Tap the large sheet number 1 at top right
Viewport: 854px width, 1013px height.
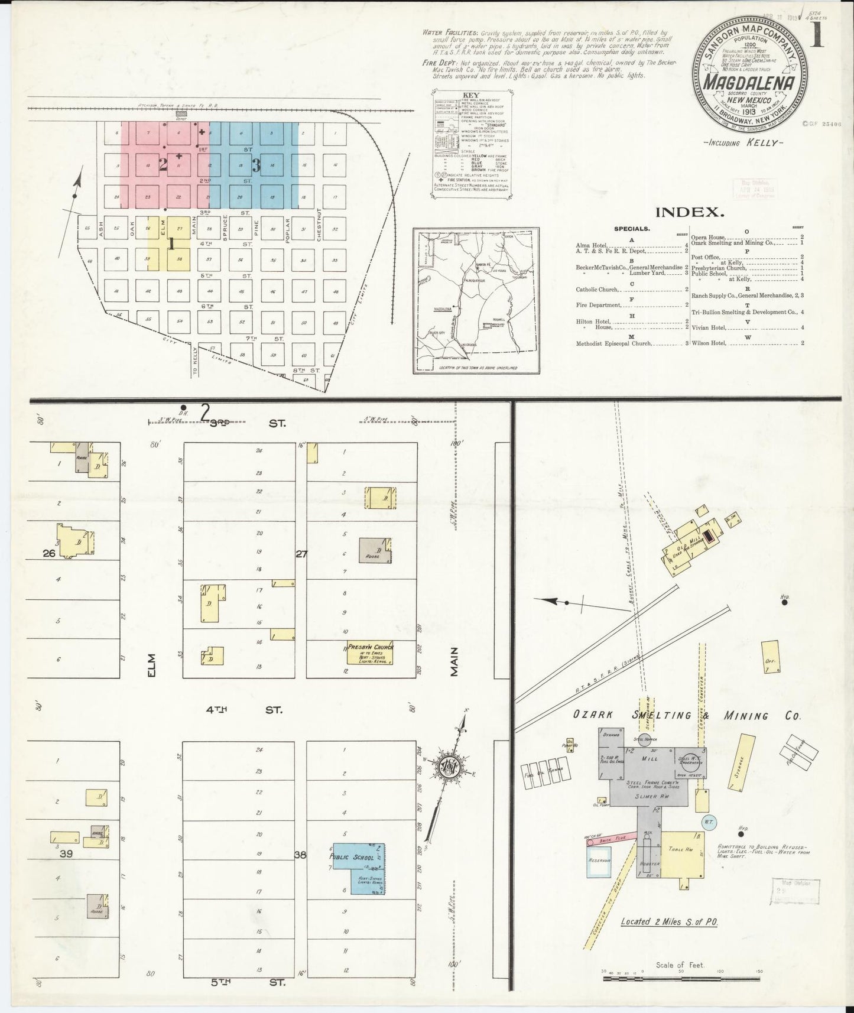(x=817, y=35)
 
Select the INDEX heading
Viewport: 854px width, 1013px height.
(x=690, y=213)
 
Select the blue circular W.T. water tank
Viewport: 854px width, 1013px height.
(x=709, y=822)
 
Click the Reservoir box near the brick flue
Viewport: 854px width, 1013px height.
(x=599, y=860)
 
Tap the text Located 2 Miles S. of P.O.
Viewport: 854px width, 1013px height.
(x=668, y=938)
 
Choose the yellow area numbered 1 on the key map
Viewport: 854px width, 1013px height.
(x=170, y=243)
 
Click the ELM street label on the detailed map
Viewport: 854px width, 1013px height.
(x=152, y=664)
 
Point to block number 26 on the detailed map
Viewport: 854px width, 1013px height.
(x=49, y=553)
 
